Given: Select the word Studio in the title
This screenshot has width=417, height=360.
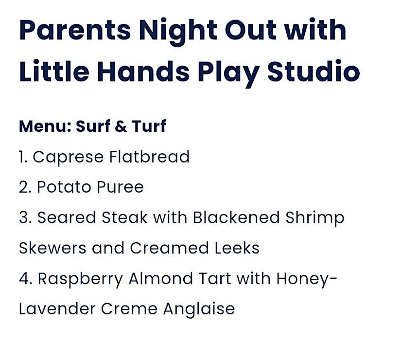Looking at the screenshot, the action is (314, 71).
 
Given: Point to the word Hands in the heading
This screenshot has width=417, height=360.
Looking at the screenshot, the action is (143, 71).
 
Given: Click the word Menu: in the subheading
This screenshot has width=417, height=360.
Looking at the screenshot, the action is (45, 126).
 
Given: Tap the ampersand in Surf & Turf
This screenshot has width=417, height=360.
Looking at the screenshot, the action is (121, 126).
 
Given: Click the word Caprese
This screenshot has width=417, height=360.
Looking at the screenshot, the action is (68, 157).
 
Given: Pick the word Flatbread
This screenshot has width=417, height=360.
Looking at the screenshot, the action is (150, 157).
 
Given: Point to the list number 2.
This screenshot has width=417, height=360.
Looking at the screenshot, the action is (25, 187).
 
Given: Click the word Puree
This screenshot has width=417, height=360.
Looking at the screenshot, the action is (120, 187).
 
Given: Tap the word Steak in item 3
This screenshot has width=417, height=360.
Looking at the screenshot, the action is (124, 217).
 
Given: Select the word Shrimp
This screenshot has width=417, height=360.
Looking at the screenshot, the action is (315, 218).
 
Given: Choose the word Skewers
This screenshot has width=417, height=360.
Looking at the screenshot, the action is (52, 248).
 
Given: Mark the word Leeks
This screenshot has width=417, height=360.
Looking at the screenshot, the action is (237, 248).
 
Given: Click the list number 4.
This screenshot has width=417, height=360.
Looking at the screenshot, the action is (25, 279).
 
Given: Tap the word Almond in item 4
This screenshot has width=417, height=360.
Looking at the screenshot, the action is (161, 278).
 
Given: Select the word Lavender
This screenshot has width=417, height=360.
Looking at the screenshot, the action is (57, 309).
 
